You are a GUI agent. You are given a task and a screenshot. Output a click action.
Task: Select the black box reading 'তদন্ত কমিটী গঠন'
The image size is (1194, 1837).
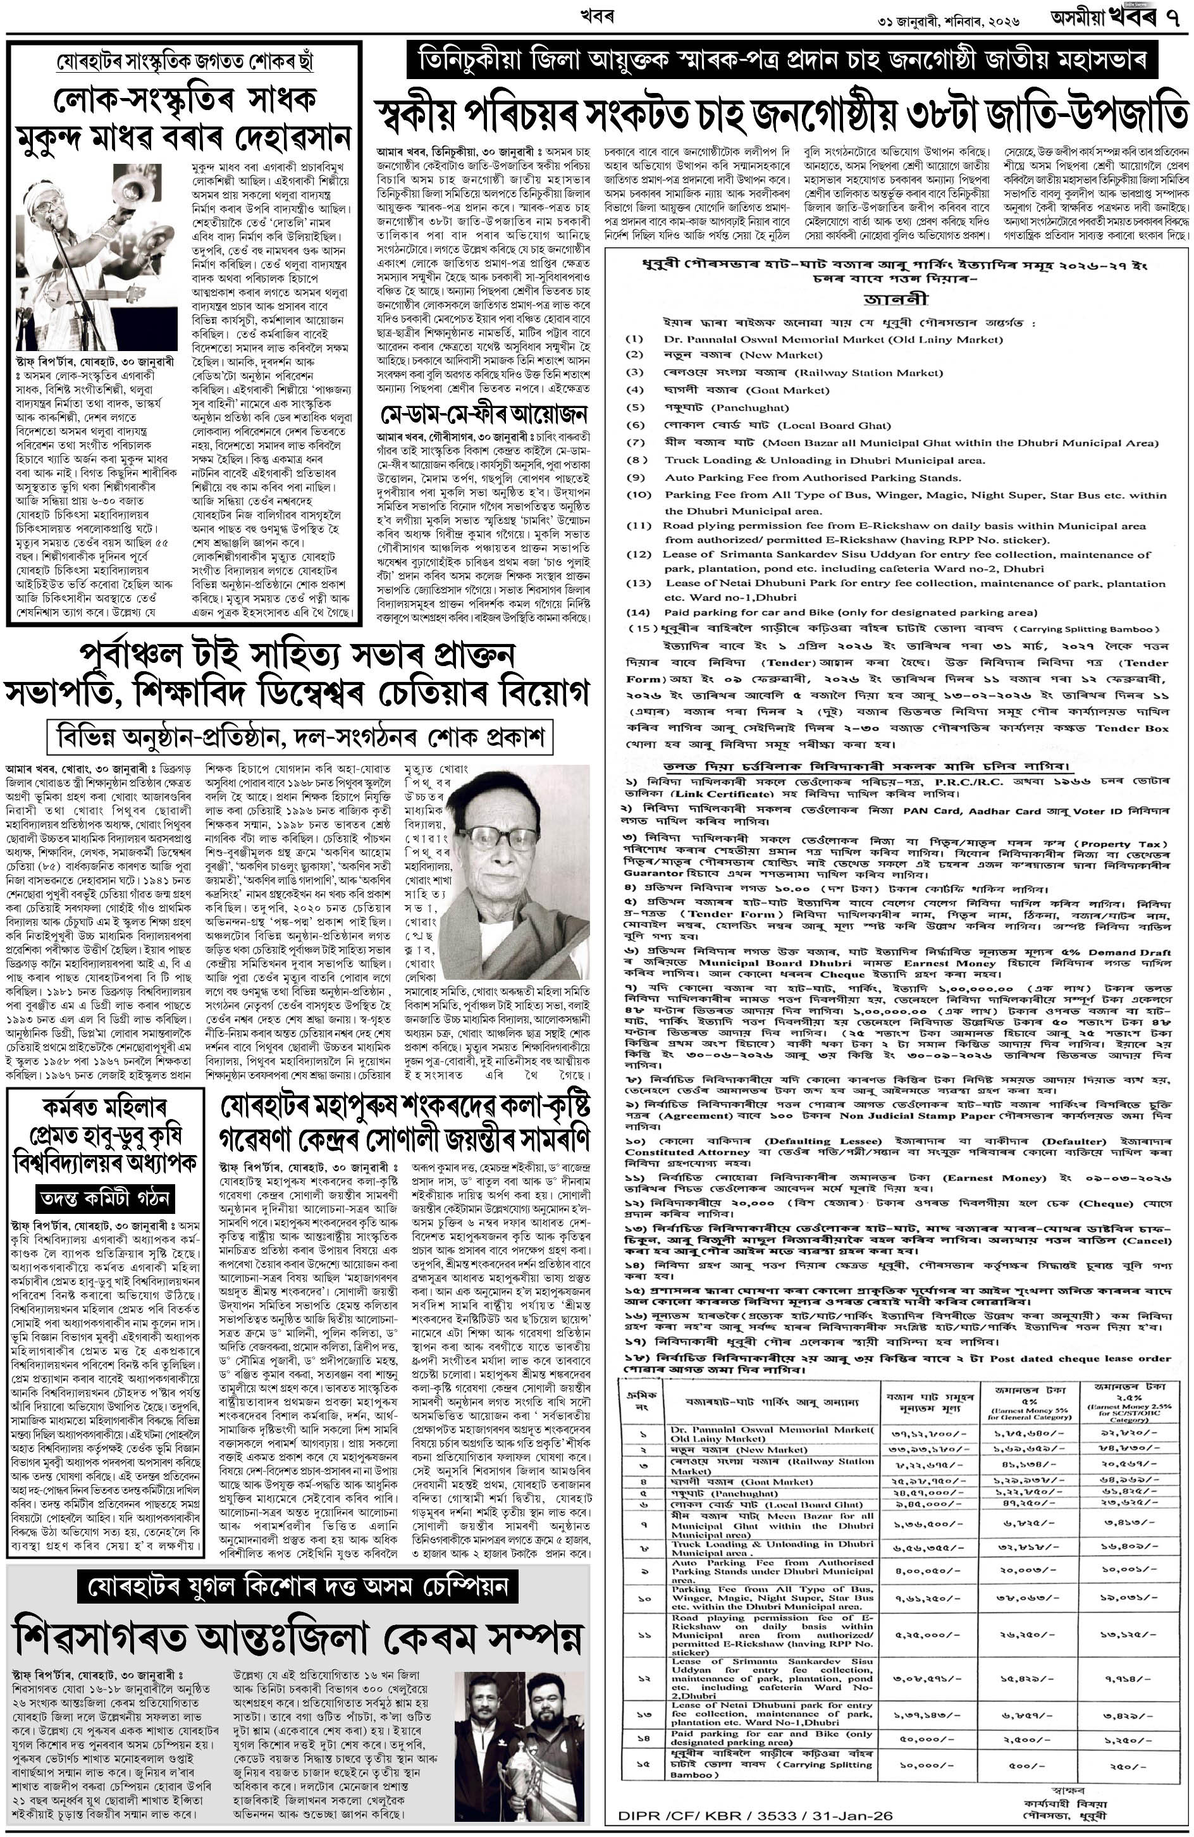[x=104, y=1198]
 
